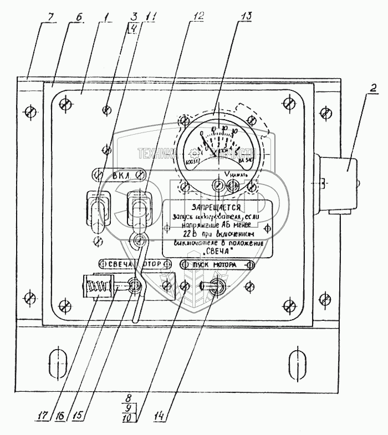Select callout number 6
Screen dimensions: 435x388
coord(78,17)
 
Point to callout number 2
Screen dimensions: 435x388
coord(373,87)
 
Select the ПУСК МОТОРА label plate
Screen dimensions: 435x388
coord(217,265)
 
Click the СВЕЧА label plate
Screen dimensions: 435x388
coord(115,264)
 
